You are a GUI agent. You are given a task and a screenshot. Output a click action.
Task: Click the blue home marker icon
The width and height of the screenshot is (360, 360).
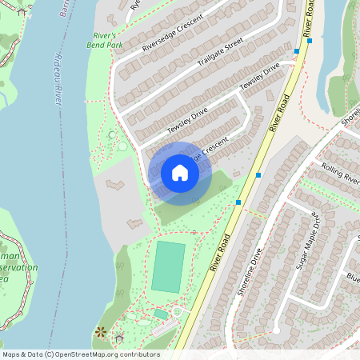(180, 173)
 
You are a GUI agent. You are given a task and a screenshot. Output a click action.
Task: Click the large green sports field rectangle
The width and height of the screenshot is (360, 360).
(168, 267)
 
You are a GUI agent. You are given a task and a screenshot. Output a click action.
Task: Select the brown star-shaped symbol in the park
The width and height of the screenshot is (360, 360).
(101, 331)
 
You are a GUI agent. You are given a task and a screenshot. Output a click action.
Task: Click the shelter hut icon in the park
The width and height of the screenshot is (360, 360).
(119, 335)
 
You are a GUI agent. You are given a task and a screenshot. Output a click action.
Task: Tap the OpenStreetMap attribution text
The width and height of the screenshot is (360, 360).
(80, 354)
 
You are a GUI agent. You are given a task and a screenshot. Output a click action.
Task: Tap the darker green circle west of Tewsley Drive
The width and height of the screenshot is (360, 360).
(110, 134)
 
